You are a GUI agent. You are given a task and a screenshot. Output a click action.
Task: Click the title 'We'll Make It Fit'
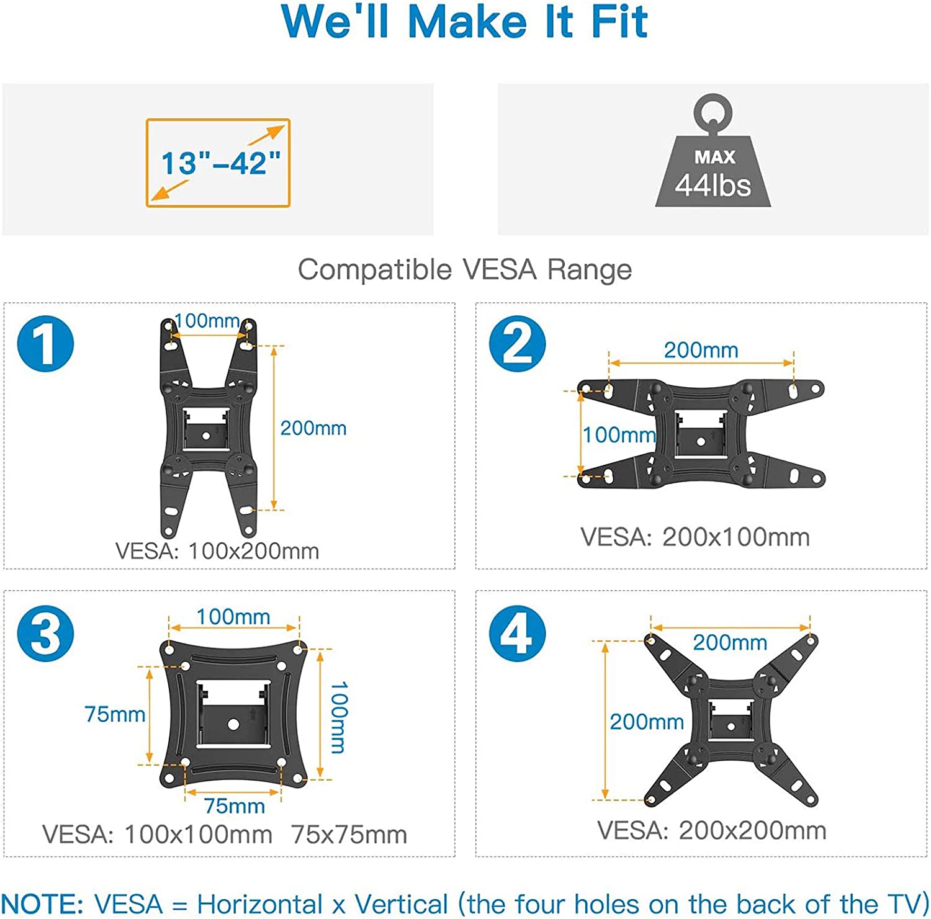465,22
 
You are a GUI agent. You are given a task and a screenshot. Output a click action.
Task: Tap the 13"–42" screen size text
221,163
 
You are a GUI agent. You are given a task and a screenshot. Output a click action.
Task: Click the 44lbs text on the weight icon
713,186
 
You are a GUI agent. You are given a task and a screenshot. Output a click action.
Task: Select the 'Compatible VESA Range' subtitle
465,270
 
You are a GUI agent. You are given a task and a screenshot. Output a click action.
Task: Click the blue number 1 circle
45,344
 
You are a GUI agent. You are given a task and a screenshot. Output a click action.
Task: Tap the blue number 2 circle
517,344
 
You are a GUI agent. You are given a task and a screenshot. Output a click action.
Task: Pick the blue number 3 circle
45,634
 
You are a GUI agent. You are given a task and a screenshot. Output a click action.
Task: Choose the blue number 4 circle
517,634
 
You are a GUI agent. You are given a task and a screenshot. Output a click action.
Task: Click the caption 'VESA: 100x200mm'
217,551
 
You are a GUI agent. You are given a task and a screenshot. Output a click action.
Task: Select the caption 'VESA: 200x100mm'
695,537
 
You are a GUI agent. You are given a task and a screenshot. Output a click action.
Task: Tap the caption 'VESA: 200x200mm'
712,830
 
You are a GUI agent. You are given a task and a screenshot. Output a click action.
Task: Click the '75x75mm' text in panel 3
349,835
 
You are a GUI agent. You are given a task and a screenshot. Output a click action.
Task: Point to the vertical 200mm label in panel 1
313,428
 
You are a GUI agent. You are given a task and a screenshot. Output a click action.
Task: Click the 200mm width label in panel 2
701,350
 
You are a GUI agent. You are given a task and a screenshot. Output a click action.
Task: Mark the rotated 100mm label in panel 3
339,717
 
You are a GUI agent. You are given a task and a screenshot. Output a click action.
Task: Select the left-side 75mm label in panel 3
115,714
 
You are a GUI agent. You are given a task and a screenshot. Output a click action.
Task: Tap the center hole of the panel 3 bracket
233,724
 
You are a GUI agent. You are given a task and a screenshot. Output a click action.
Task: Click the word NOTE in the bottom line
42,903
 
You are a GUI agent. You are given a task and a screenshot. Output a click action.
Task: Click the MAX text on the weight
714,157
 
